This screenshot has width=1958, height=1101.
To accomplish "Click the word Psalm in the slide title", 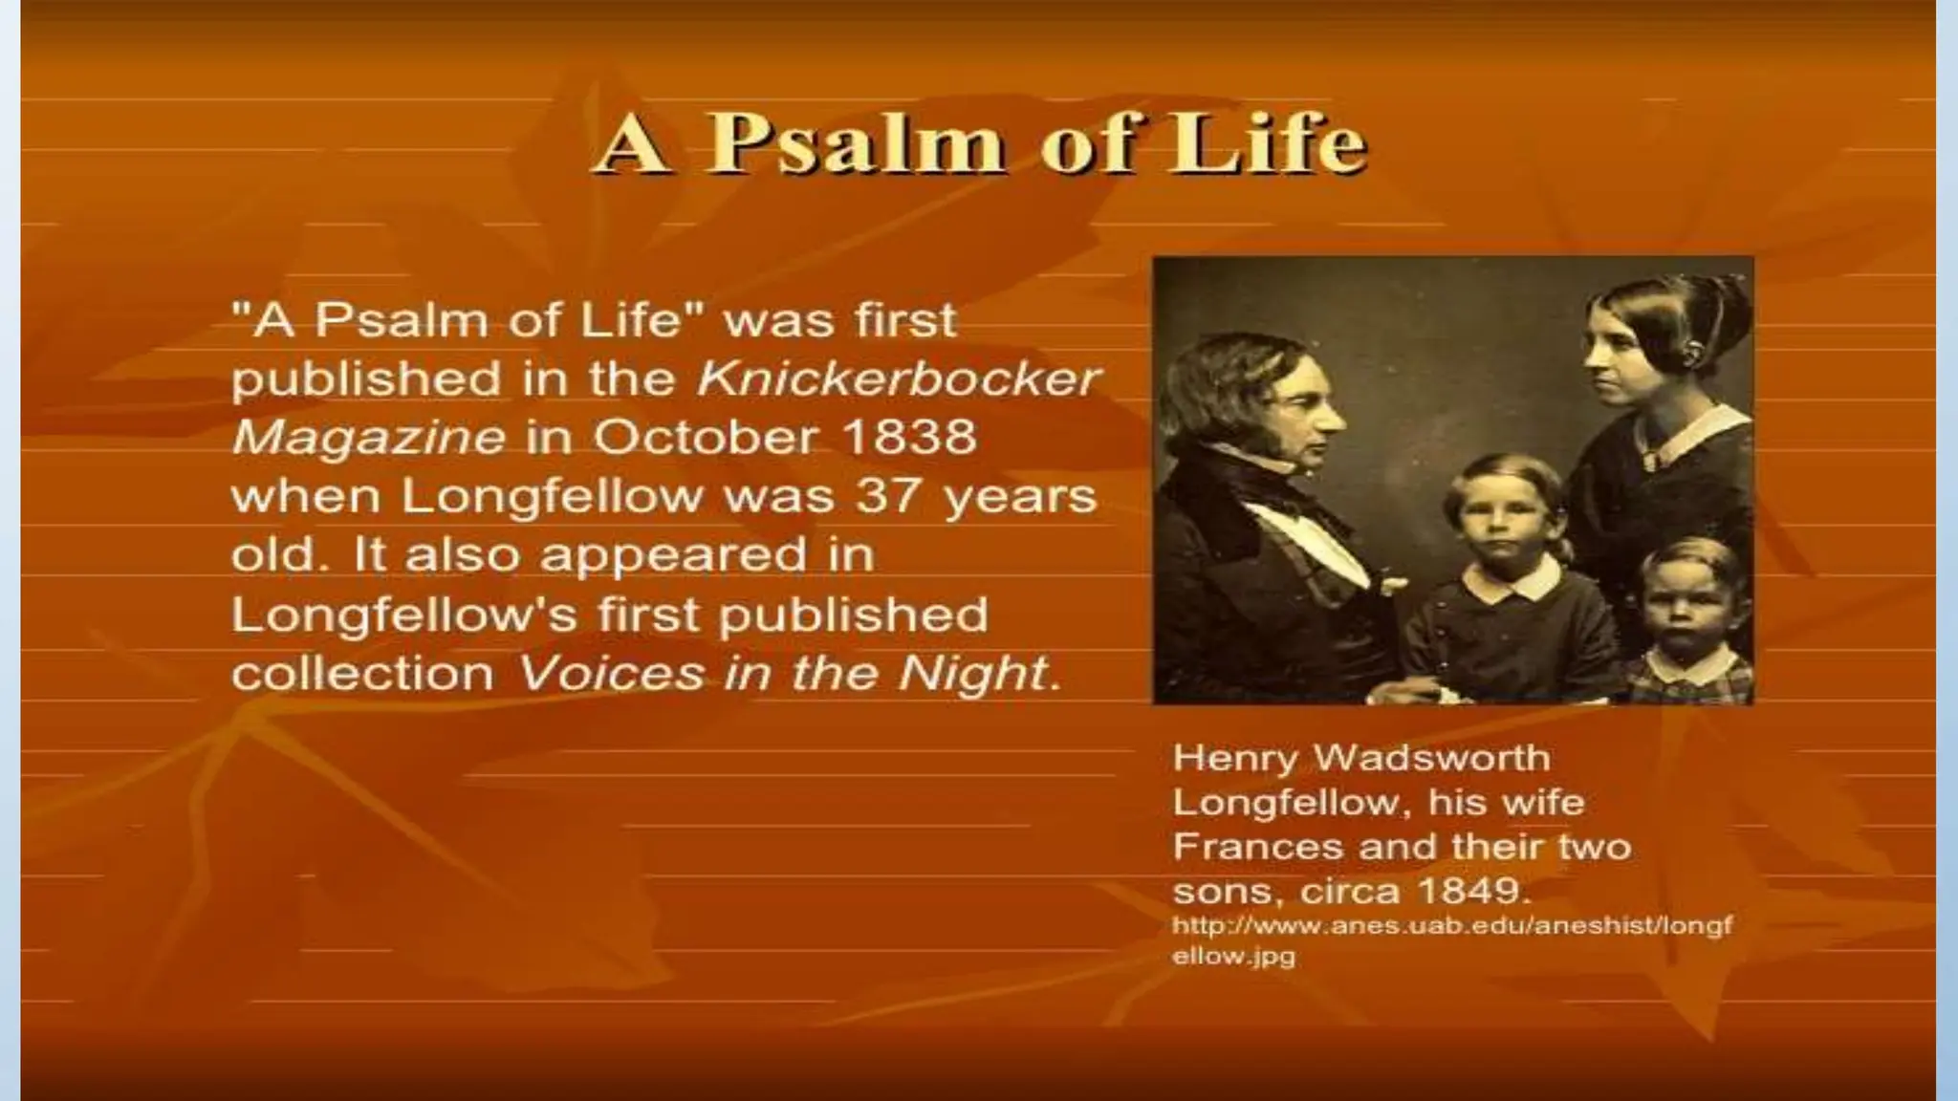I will click(x=856, y=145).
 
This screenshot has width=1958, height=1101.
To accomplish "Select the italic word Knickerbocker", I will click(x=899, y=378).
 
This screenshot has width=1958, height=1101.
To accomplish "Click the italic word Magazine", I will click(x=368, y=438).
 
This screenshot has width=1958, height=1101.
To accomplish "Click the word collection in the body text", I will click(x=362, y=674).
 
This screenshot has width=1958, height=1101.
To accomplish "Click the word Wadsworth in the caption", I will click(x=1432, y=758).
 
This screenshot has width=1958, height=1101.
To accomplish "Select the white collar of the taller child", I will click(x=1513, y=579).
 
